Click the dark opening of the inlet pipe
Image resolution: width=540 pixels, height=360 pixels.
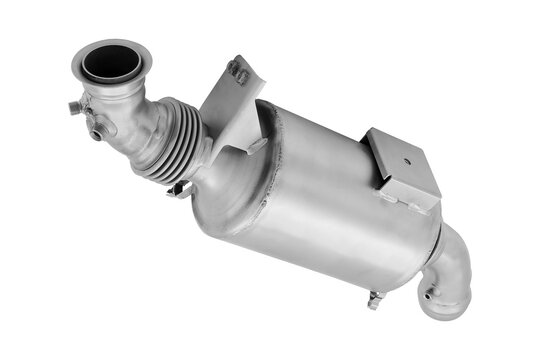point(111,62)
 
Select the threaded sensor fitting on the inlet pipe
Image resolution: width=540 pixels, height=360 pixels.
point(76,107)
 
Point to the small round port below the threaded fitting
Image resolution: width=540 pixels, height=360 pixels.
point(97,132)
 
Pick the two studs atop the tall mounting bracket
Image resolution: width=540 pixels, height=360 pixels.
point(239,71)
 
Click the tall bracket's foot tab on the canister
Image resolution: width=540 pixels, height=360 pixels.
point(256,145)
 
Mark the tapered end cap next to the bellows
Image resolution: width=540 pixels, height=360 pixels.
point(215,185)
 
